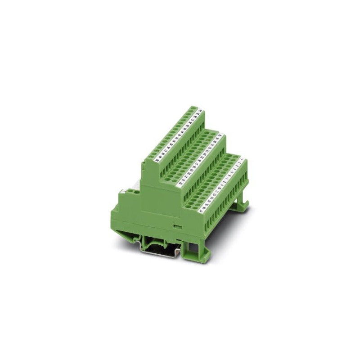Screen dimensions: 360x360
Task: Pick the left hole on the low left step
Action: [123, 193]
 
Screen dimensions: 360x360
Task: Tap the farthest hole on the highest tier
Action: [197, 108]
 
